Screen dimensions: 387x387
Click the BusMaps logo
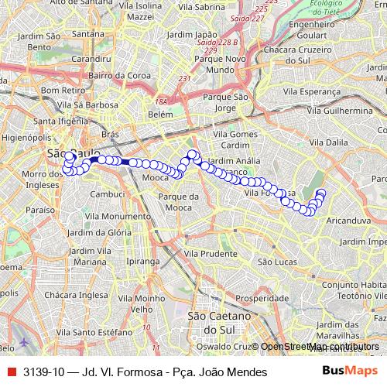(349, 372)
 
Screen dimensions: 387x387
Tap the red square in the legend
(11, 372)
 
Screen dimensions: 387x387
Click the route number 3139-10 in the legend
(43, 372)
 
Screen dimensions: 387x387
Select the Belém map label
(160, 114)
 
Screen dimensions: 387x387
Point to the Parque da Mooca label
(175, 202)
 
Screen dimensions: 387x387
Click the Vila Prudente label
(211, 253)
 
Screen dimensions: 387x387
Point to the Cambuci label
(108, 193)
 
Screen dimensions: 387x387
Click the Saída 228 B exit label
(219, 41)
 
